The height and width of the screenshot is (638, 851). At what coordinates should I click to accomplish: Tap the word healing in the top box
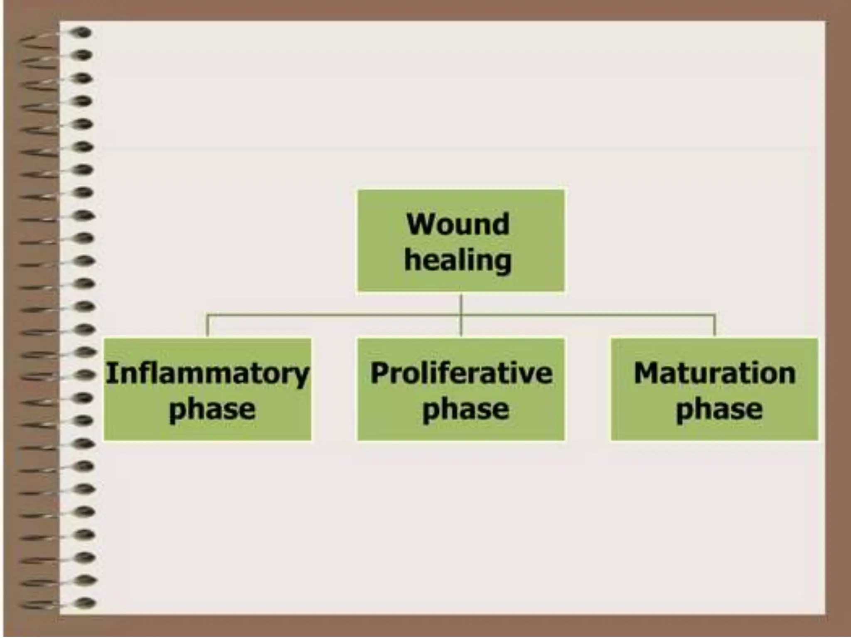[457, 260]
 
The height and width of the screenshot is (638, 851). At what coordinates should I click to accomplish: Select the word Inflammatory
[207, 373]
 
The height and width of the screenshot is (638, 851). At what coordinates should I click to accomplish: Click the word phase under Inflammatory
[212, 410]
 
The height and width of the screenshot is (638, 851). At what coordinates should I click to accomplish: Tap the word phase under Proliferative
[465, 410]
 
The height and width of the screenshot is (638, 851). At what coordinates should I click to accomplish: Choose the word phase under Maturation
[719, 410]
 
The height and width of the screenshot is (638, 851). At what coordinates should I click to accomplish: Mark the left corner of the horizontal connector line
[207, 316]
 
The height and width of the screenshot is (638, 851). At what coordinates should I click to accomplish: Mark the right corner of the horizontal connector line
[714, 316]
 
